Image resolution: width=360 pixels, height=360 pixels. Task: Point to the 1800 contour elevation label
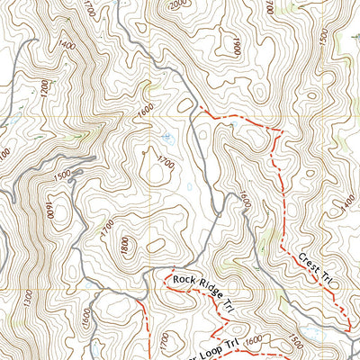(x=124, y=243)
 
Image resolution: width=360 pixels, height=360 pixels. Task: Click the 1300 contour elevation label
(x=29, y=296)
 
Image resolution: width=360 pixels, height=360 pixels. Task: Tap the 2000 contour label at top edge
(x=181, y=4)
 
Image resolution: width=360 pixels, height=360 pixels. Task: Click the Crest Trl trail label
(x=315, y=268)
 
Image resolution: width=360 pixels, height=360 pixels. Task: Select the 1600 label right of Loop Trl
(x=254, y=339)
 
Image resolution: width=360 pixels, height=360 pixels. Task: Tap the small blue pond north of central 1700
(x=167, y=138)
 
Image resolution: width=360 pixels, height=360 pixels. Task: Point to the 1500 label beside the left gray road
(x=61, y=175)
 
